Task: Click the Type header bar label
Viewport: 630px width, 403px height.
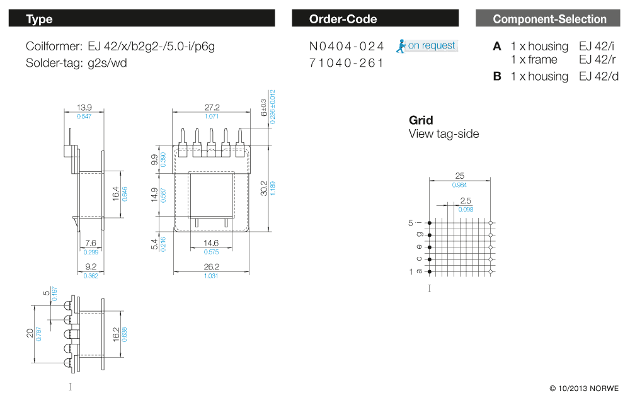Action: [x=39, y=19]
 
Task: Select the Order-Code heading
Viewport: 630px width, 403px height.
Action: [x=343, y=19]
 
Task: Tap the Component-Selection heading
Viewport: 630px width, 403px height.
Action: [x=549, y=19]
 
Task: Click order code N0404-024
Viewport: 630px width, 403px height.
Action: [x=346, y=46]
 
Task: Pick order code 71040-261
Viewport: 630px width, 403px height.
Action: [x=346, y=63]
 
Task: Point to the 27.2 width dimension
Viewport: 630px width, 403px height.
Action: [x=212, y=108]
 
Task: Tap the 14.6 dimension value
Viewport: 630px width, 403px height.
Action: [x=211, y=242]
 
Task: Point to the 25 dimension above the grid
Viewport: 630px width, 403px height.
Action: [x=459, y=176]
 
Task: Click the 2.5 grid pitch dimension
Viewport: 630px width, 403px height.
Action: [x=466, y=201]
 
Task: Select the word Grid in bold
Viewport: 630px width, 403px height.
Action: [x=421, y=120]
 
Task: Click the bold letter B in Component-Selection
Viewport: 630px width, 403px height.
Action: [x=497, y=76]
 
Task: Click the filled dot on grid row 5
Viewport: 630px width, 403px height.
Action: [x=430, y=223]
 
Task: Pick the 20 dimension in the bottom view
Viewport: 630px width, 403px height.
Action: [x=30, y=333]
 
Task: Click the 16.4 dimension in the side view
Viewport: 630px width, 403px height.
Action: [x=116, y=193]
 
